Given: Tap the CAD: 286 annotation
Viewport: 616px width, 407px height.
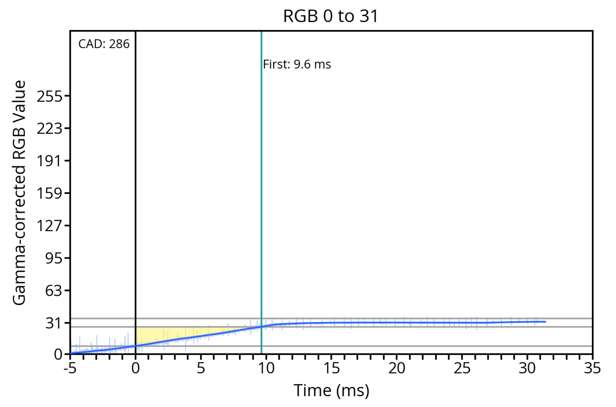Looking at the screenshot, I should coord(104,44).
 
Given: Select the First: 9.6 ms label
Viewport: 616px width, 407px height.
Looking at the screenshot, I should coord(297,64).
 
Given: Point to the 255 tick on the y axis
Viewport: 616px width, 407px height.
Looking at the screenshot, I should coord(49,97).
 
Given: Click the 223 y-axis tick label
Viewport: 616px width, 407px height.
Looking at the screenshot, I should coord(49,129).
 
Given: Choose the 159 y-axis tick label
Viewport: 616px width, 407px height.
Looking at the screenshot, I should coord(49,194).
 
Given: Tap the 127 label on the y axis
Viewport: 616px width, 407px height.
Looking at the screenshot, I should coord(49,226).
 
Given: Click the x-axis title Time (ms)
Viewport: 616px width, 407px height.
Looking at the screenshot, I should coord(331,391).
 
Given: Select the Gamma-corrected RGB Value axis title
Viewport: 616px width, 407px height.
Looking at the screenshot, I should coord(19,193).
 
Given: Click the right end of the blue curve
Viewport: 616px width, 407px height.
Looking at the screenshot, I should coord(545,322).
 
